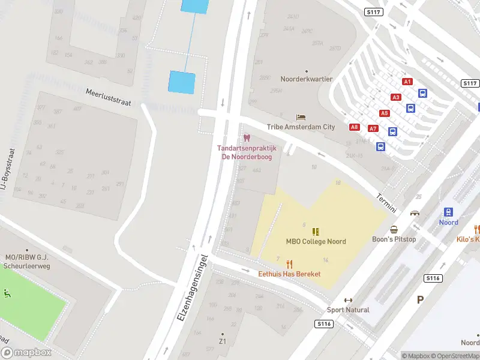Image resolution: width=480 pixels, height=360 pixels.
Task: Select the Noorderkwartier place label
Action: (307, 79)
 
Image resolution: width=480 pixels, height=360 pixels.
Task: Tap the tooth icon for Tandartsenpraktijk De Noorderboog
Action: (246, 138)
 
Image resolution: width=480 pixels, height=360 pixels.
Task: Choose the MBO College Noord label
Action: (316, 241)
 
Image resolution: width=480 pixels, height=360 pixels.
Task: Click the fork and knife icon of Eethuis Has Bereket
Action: (289, 263)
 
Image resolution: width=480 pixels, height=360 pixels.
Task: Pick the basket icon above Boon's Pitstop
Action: (394, 229)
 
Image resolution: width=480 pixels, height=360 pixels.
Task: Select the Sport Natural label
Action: (348, 310)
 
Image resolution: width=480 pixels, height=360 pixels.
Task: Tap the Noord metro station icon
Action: (448, 212)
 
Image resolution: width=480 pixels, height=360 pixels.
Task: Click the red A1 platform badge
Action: (407, 82)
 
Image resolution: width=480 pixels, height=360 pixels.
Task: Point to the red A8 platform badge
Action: (355, 127)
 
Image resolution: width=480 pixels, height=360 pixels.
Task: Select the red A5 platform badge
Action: (384, 113)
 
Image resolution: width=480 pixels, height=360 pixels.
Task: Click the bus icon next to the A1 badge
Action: (422, 93)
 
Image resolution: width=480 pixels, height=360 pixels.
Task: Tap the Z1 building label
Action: (222, 341)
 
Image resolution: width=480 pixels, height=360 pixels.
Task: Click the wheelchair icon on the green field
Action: (7, 293)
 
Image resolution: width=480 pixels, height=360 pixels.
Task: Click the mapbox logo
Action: (26, 353)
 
